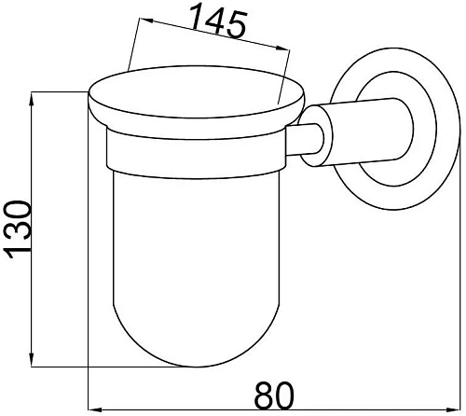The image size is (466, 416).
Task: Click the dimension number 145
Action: (218, 21)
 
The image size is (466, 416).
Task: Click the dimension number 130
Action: (18, 230)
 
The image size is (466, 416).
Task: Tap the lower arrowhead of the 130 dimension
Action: (32, 357)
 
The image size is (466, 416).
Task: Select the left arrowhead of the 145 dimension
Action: (146, 21)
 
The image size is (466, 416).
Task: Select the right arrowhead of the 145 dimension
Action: (282, 48)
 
